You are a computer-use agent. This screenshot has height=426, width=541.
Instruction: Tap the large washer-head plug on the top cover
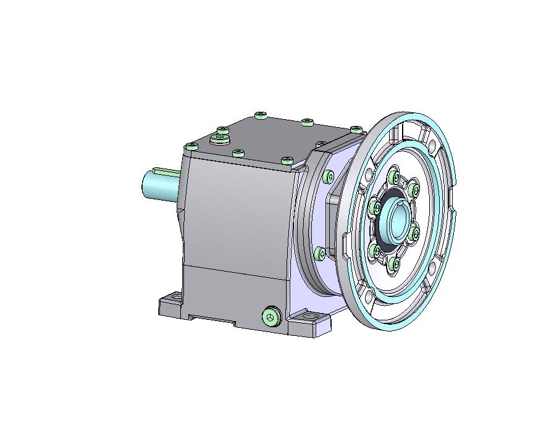tap(220, 139)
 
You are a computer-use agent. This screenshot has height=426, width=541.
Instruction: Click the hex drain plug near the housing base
tap(270, 317)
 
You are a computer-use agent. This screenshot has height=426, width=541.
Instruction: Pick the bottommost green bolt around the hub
tap(396, 266)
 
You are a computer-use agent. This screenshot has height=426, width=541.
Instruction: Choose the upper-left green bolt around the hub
tap(375, 209)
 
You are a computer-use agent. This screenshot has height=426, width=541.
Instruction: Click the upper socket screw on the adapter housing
tap(329, 178)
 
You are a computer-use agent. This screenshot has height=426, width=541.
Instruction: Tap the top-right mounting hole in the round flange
tap(432, 146)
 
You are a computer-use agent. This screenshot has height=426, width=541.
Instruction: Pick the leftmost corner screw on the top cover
tap(191, 147)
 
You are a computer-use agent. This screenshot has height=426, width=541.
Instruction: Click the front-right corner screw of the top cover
tap(287, 161)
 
